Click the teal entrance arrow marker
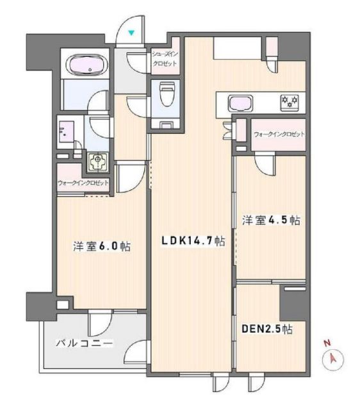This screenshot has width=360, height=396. coord(131,32)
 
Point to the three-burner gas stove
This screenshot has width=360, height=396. coord(288,101)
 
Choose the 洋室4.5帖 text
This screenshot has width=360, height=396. coord(271,220)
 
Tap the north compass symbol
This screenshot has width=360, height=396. coord(333,359)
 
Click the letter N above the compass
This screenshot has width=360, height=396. coord(327,344)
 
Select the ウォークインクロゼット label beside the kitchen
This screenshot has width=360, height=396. coord(279,134)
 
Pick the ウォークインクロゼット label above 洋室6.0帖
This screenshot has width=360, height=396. coord(83,183)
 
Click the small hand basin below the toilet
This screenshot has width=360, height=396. coord(166,124)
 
